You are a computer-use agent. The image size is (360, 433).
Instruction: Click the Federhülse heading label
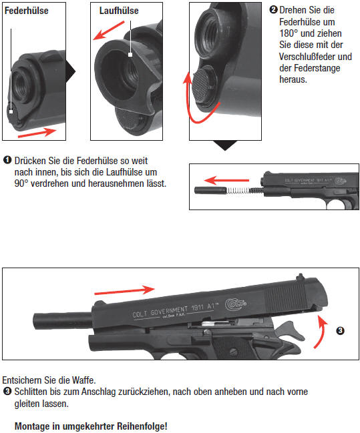click(x=27, y=11)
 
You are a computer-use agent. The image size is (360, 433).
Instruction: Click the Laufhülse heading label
click(x=119, y=11)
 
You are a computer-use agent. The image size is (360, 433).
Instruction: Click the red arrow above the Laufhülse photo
click(x=109, y=31)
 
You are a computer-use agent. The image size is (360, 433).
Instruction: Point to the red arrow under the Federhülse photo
click(x=37, y=132)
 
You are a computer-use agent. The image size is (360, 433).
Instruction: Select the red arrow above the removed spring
click(x=226, y=181)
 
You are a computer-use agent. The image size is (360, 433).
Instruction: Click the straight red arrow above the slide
click(x=124, y=290)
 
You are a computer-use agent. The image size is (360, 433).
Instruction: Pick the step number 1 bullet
click(x=7, y=160)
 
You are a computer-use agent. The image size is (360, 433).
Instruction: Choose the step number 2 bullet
click(x=273, y=9)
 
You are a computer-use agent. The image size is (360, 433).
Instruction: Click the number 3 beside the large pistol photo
click(x=340, y=330)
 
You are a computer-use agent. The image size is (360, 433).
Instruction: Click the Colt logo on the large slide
click(x=236, y=304)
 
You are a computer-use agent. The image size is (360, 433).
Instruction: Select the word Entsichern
click(x=22, y=380)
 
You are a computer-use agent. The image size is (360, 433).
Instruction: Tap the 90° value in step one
click(x=21, y=183)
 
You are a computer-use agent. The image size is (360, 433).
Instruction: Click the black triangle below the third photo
click(x=225, y=145)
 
